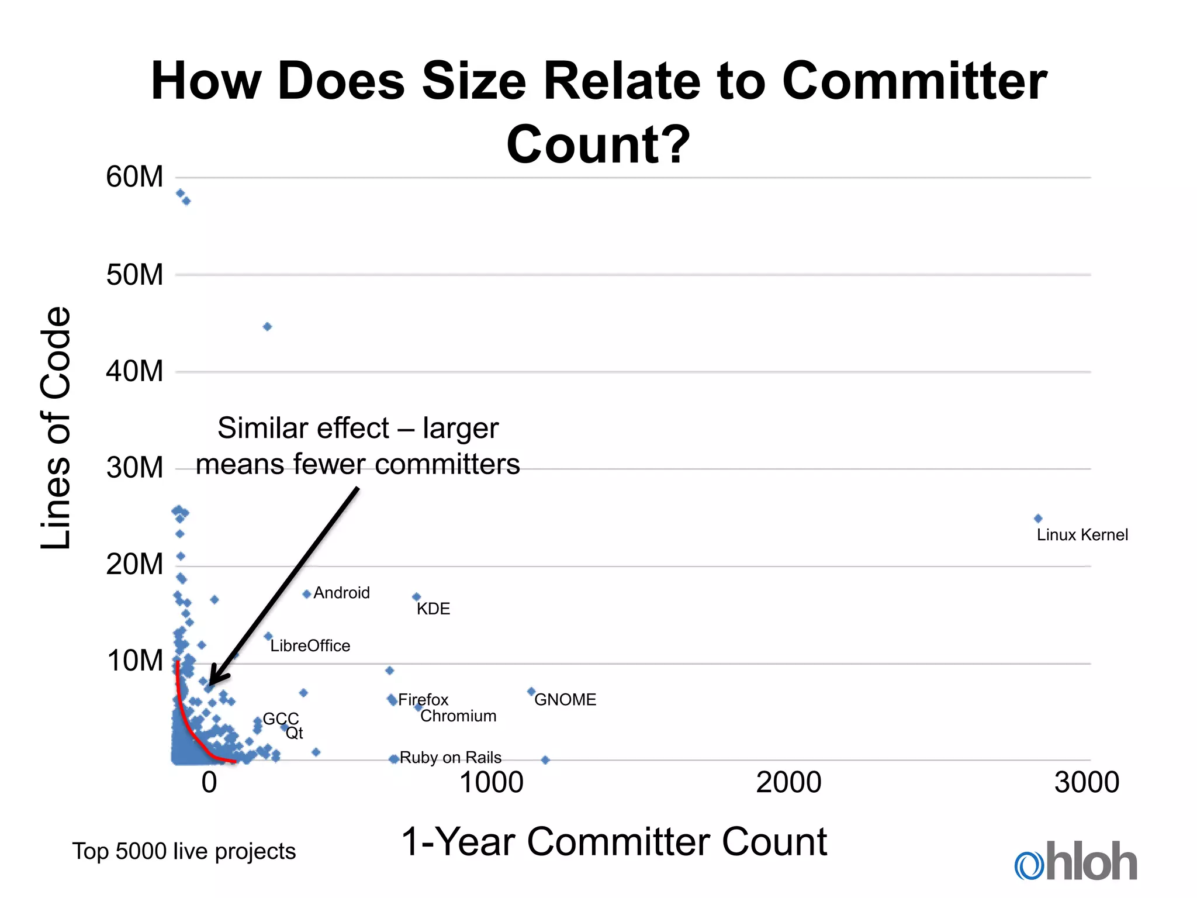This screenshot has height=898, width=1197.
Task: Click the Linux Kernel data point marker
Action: coord(1038,518)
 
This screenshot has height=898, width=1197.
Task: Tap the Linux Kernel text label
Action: coord(1082,535)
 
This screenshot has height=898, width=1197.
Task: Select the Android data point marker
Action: coord(306,594)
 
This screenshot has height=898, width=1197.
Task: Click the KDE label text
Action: coord(433,609)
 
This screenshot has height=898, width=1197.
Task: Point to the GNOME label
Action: coord(565,700)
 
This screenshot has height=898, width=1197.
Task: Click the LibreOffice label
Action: coord(310,646)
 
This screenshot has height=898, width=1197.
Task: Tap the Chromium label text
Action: coord(458,716)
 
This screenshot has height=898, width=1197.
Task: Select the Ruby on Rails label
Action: coord(450,758)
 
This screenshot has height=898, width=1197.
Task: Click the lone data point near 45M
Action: coord(267,327)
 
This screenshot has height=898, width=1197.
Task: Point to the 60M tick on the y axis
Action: coord(134,177)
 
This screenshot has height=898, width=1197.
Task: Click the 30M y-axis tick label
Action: coord(134,468)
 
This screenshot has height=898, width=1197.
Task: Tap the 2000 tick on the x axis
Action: coord(788,783)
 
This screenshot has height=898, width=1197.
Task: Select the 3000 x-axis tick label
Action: coord(1087,783)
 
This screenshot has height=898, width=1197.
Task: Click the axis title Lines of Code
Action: coord(56,427)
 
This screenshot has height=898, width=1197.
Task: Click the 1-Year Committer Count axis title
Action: coord(614,842)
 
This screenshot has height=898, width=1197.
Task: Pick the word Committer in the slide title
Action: coord(914,82)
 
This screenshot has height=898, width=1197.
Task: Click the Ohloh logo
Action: coord(1075,862)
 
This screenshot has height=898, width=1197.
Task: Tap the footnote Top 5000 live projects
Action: coord(184,851)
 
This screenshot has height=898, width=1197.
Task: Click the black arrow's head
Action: coord(215,678)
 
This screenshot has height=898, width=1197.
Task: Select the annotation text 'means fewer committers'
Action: coord(358,465)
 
